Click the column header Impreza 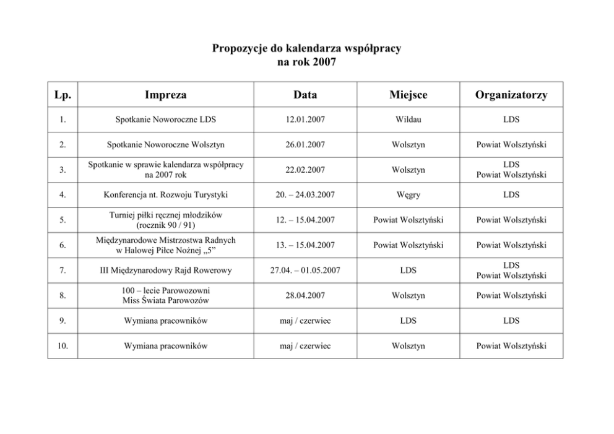165,95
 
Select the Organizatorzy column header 511,95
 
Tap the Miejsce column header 408,95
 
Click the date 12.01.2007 305,119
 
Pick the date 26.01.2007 305,145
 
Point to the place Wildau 408,119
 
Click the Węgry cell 408,195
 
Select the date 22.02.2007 305,170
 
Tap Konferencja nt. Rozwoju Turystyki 165,195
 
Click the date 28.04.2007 305,295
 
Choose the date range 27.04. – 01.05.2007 305,270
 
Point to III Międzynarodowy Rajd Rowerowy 165,270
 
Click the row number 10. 63,345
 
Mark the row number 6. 63,245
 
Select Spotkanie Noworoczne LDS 165,119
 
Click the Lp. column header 63,95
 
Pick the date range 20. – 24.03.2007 305,195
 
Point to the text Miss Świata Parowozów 165,301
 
